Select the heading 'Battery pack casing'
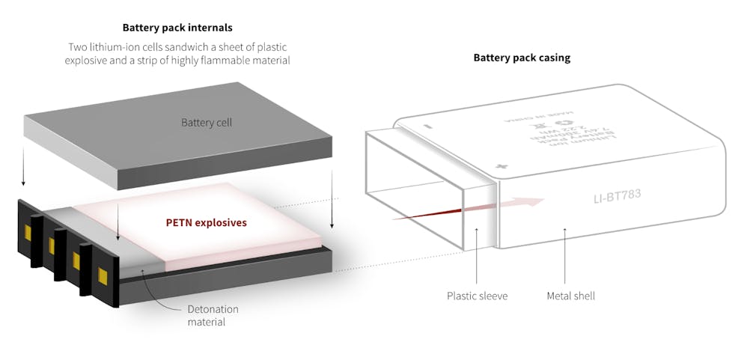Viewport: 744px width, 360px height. click(x=522, y=58)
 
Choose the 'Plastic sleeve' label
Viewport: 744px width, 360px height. click(x=477, y=296)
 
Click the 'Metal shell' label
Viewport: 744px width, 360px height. click(x=570, y=296)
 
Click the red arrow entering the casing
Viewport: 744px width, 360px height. click(x=479, y=208)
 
